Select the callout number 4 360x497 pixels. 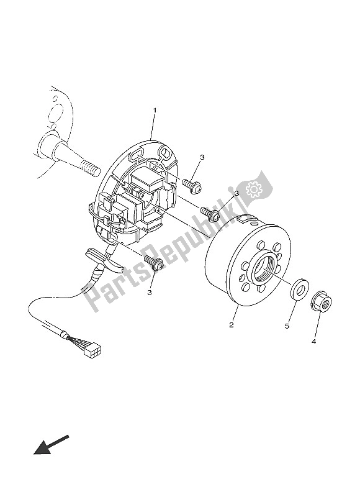coord(313,341)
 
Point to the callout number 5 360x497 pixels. coord(287,325)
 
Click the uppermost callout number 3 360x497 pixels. coord(202,158)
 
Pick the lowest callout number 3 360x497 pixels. coord(150,291)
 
